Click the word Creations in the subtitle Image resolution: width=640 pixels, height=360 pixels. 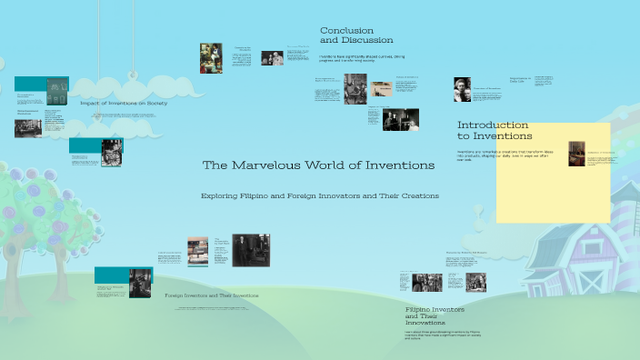[419, 195]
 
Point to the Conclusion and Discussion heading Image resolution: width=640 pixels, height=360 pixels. [356, 35]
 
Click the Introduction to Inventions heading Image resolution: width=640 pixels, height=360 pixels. [495, 130]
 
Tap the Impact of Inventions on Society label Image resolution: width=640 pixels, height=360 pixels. [124, 103]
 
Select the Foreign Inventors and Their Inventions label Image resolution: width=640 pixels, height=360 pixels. [211, 295]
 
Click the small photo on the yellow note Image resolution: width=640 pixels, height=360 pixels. [575, 154]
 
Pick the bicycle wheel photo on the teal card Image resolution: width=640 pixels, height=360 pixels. [112, 151]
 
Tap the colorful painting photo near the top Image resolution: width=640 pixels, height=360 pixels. [211, 58]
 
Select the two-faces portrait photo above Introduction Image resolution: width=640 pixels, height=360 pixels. [462, 89]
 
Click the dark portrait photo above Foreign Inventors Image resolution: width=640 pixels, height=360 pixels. [250, 250]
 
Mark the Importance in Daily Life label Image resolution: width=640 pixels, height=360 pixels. [519, 80]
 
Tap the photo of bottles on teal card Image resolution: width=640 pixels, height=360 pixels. [56, 90]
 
